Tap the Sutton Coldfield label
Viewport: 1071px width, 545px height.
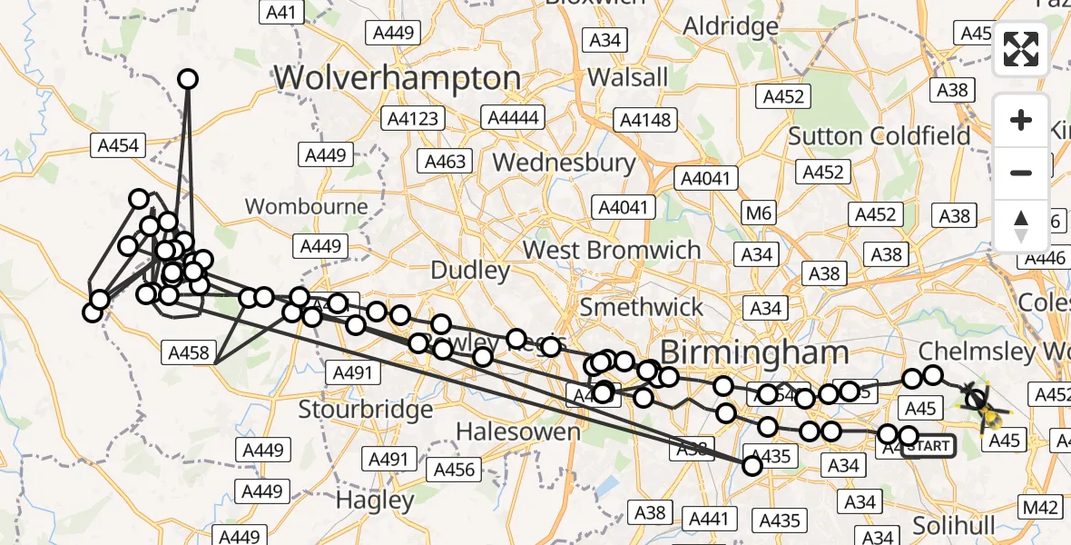pos(879,136)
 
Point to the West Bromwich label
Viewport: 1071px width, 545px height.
pos(612,250)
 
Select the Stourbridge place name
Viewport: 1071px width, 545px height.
pos(366,410)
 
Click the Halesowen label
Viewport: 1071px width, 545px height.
pos(518,432)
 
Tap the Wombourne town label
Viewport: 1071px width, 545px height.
pos(307,206)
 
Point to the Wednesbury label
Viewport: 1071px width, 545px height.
pos(564,163)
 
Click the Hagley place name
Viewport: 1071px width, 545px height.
pos(375,500)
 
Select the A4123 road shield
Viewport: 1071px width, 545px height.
pos(413,118)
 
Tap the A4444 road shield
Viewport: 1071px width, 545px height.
pos(513,118)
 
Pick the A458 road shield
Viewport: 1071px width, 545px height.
pos(189,353)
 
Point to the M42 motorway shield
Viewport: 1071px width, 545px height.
pos(1041,508)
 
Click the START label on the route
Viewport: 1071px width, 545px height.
pos(929,446)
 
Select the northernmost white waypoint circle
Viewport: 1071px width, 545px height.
pos(188,79)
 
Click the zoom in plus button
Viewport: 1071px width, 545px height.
pos(1021,120)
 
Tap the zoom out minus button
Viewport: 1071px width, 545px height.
pos(1021,173)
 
